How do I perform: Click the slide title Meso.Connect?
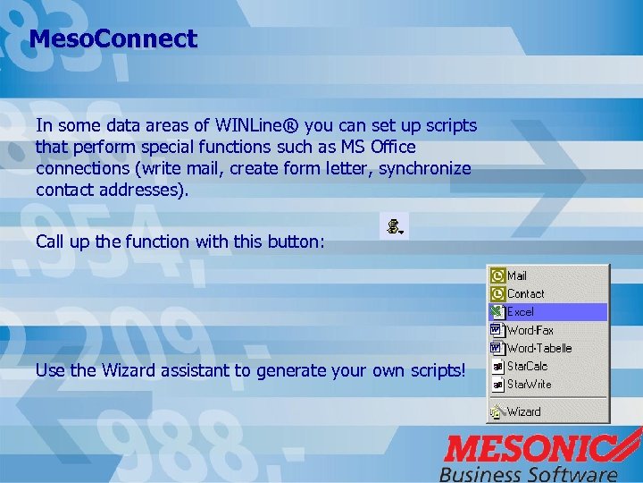click(113, 39)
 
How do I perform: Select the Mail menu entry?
click(518, 276)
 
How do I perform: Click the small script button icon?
click(393, 227)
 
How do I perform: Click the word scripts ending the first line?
click(449, 126)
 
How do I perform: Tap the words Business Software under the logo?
click(528, 473)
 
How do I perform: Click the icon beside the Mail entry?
click(497, 276)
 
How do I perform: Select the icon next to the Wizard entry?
click(497, 411)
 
